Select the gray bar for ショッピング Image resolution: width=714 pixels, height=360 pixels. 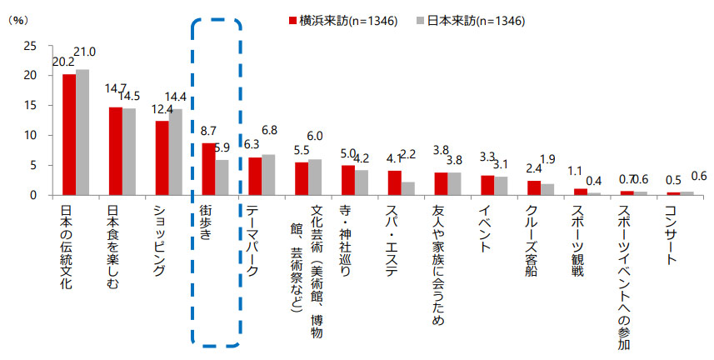pos(176,152)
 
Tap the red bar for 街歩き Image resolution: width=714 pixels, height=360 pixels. pos(208,169)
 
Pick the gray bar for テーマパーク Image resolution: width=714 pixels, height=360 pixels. pos(268,175)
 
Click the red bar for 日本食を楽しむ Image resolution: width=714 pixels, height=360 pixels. pos(116,151)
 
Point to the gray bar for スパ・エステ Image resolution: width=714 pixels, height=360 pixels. pos(407,188)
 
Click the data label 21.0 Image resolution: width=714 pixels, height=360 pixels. pos(85,52)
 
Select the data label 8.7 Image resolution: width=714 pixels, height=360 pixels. pos(210,132)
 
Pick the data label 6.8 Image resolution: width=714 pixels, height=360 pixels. pos(270,130)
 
